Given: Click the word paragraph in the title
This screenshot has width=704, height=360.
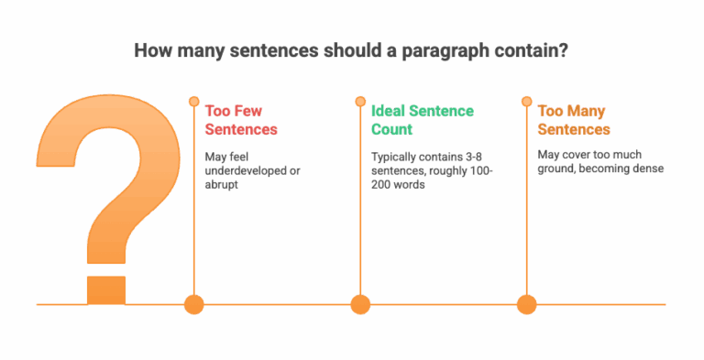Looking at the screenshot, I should pos(456,50).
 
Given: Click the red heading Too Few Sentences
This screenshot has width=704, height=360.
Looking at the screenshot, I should pos(241,120).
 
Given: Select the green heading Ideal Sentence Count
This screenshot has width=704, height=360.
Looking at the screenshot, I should pos(423,120).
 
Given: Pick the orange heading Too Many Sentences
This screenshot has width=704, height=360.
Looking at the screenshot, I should pos(574,120).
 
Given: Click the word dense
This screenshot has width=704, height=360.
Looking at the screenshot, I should pos(646,169).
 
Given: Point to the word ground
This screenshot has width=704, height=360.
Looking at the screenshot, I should pos(557,169).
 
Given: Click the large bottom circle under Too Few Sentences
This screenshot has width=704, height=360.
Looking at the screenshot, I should pos(193,304).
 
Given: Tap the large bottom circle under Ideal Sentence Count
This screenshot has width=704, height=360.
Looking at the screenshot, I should pos(360,304).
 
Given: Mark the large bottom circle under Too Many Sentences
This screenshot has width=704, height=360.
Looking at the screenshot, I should pos(526,304).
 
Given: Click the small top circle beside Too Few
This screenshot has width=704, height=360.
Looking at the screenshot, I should pos(193,102).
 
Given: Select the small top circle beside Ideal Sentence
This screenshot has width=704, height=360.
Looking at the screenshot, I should pos(360,102).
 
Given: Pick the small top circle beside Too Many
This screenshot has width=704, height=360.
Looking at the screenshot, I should pos(526,102).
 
